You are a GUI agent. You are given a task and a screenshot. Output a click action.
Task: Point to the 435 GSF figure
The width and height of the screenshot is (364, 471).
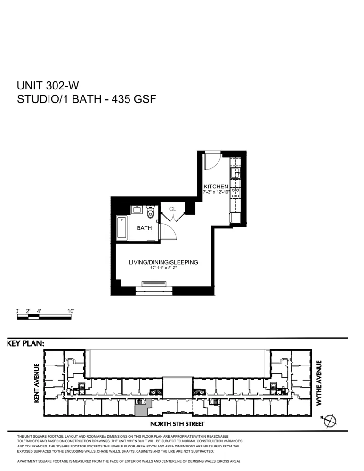[137, 99]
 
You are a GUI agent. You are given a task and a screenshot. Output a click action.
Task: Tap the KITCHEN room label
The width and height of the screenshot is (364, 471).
[216, 187]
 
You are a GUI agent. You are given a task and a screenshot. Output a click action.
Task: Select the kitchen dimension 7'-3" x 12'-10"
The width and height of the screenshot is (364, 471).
[216, 192]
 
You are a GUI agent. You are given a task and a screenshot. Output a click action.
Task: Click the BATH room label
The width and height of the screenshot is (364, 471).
[144, 228]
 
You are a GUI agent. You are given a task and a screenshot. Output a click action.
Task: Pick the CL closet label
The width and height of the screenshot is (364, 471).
[172, 209]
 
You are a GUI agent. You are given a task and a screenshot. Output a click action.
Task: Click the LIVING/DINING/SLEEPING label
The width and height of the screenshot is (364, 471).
[163, 262]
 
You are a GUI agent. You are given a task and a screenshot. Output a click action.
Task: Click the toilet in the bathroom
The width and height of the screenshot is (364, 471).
[151, 212]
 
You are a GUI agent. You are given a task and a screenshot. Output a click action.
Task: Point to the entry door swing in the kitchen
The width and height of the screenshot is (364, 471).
[210, 161]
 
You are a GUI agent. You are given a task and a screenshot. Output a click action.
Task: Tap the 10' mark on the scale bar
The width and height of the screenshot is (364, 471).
[71, 311]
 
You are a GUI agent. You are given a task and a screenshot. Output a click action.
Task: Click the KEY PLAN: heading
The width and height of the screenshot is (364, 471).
[26, 344]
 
